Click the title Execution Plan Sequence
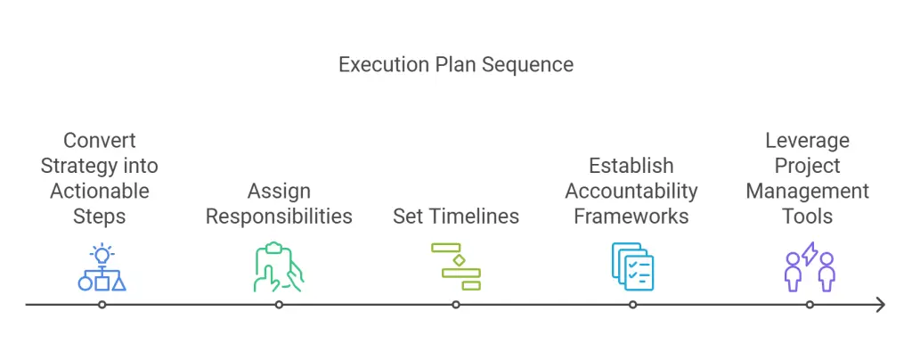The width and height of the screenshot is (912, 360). (x=456, y=64)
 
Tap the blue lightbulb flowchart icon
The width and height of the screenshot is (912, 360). (x=102, y=267)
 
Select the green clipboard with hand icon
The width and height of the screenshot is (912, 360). (x=279, y=267)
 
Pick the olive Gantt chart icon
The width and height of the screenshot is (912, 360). (x=456, y=266)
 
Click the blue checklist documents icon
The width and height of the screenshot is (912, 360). (x=633, y=266)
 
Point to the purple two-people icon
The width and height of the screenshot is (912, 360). (x=810, y=267)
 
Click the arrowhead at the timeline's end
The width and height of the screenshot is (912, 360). (x=881, y=304)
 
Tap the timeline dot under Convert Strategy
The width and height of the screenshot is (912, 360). (x=102, y=304)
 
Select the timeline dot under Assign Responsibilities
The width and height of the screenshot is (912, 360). (x=279, y=304)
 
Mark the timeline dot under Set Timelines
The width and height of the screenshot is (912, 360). (x=456, y=304)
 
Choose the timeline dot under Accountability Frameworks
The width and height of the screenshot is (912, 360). (x=633, y=304)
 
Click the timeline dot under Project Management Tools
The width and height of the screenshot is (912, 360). (x=810, y=304)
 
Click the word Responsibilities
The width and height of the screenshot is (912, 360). (x=279, y=217)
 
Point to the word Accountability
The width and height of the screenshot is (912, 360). (x=631, y=191)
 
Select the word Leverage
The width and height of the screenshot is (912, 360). (x=807, y=141)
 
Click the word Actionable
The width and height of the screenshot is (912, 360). (x=100, y=191)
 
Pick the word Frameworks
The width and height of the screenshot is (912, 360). (x=631, y=217)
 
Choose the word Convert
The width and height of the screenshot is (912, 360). (x=100, y=140)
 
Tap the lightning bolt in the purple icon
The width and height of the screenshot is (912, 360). (x=810, y=254)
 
